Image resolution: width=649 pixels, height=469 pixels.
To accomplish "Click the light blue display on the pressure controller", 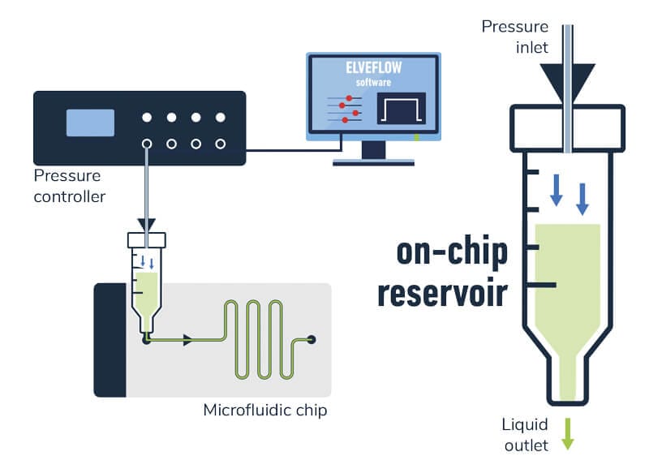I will (90, 122).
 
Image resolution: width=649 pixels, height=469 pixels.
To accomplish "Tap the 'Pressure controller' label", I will (69, 186).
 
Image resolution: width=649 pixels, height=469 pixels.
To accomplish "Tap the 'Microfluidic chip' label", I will (264, 410).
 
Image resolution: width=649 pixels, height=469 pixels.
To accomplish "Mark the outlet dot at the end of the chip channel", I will (312, 340).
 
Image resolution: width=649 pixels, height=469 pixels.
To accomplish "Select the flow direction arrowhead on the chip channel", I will (188, 342).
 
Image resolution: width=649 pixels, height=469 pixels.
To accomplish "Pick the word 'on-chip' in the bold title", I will (452, 252).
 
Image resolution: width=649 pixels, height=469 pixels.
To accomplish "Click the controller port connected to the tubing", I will (147, 144).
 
